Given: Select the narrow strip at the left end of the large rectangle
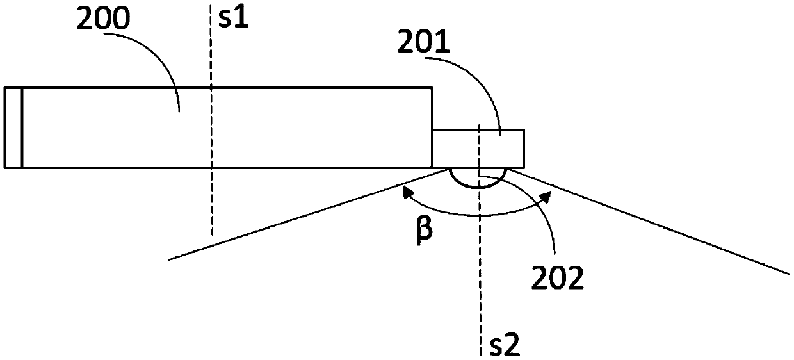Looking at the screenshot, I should click(x=13, y=127).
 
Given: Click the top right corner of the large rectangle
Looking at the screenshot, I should click(x=432, y=88).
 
